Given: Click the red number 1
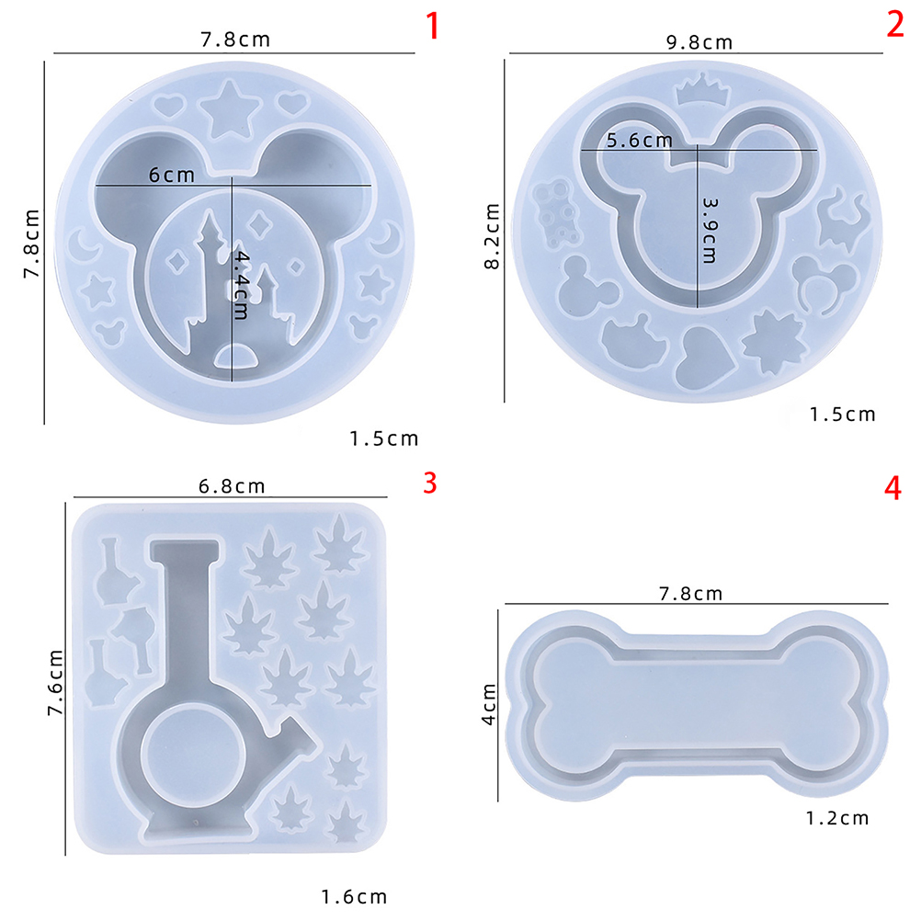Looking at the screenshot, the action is [433, 27].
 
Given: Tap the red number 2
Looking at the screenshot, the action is [895, 25].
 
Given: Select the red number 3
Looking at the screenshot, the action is [430, 483].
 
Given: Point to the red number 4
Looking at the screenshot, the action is [893, 488].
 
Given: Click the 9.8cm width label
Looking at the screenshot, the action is [699, 42].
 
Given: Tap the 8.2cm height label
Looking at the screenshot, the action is [492, 236].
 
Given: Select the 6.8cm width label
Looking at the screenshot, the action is [232, 486].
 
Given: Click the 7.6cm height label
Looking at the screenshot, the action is [55, 683].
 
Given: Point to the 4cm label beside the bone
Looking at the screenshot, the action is [489, 704].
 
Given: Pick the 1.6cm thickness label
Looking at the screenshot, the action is [354, 897].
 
